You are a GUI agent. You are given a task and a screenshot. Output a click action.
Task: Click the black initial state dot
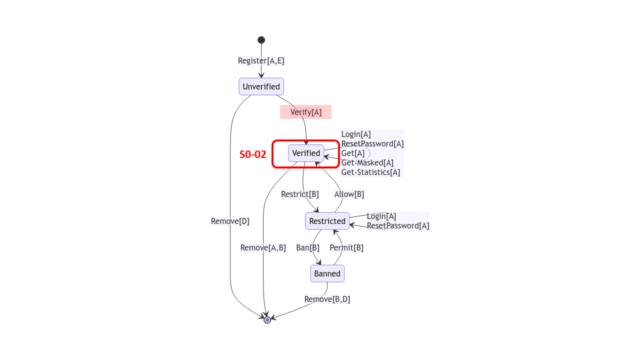261,40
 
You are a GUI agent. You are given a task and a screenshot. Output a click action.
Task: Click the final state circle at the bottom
267,320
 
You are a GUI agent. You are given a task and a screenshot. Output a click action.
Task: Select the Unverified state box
261,86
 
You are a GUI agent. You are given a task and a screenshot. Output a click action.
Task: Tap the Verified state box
306,153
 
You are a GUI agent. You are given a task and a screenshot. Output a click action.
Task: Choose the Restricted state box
327,221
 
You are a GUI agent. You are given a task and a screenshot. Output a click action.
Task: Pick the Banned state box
327,273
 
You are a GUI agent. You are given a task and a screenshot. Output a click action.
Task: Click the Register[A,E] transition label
261,60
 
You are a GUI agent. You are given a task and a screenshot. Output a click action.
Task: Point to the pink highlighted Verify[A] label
305,112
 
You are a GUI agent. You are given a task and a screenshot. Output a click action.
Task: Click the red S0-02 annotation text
252,154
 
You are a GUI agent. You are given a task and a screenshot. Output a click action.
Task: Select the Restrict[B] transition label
299,194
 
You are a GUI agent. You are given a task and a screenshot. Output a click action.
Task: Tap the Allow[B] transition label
349,194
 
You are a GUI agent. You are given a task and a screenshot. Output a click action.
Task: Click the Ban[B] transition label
307,247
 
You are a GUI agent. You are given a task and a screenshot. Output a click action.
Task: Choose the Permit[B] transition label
346,247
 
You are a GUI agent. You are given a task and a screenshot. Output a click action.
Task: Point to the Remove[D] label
230,221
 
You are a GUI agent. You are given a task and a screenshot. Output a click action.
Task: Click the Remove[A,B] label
263,247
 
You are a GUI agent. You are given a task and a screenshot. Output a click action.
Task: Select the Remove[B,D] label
327,299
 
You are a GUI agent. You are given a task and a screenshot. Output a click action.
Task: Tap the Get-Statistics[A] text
370,172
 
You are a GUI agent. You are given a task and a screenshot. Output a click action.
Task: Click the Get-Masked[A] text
367,162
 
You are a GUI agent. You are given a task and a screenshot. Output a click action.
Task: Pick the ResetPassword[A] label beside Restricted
398,225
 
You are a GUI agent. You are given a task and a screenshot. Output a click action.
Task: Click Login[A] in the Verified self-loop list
356,134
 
